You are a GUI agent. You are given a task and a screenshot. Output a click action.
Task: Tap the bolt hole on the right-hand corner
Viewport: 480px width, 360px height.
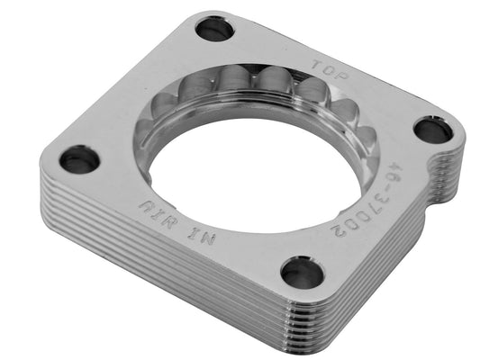[433, 131]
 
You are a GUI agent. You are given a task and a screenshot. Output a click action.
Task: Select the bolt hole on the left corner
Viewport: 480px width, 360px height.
[80, 160]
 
